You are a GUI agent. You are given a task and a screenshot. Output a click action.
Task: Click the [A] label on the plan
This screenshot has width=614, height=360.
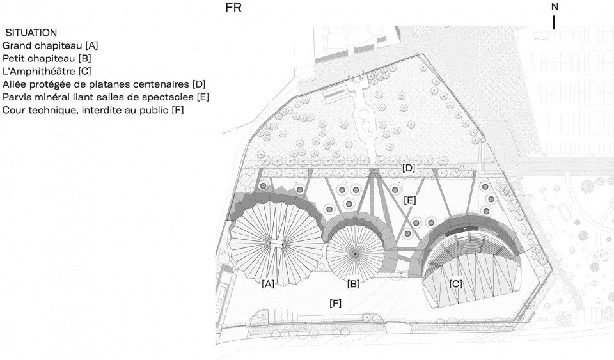pyautogui.click(x=268, y=284)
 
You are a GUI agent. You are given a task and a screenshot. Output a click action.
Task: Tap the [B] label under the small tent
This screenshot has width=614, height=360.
pyautogui.click(x=353, y=284)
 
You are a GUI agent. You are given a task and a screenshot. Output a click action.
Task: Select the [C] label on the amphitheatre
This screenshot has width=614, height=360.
pyautogui.click(x=456, y=284)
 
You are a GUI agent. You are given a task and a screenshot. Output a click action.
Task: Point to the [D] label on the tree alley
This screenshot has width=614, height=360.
pyautogui.click(x=409, y=168)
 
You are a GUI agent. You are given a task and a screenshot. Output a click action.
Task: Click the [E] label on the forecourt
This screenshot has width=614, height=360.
pyautogui.click(x=409, y=200)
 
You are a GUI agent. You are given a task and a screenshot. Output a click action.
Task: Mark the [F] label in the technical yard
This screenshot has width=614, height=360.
pyautogui.click(x=336, y=303)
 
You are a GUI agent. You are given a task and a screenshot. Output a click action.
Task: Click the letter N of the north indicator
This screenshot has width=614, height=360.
pyautogui.click(x=555, y=7)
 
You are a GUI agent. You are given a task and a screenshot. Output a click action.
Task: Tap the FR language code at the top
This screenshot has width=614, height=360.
pyautogui.click(x=233, y=8)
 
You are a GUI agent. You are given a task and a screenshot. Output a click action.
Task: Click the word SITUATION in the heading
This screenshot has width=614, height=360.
pyautogui.click(x=31, y=33)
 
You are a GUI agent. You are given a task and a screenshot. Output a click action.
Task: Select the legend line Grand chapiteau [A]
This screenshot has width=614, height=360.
pyautogui.click(x=50, y=46)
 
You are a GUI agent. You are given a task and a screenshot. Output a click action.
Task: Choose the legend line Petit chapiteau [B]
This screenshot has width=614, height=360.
pyautogui.click(x=47, y=59)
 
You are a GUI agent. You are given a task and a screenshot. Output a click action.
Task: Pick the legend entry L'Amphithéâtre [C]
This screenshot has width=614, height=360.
pyautogui.click(x=47, y=72)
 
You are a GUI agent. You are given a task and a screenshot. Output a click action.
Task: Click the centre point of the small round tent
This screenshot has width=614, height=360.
pyautogui.click(x=355, y=254)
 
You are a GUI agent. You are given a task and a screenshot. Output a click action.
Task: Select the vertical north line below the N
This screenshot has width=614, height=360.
pyautogui.click(x=554, y=22)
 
